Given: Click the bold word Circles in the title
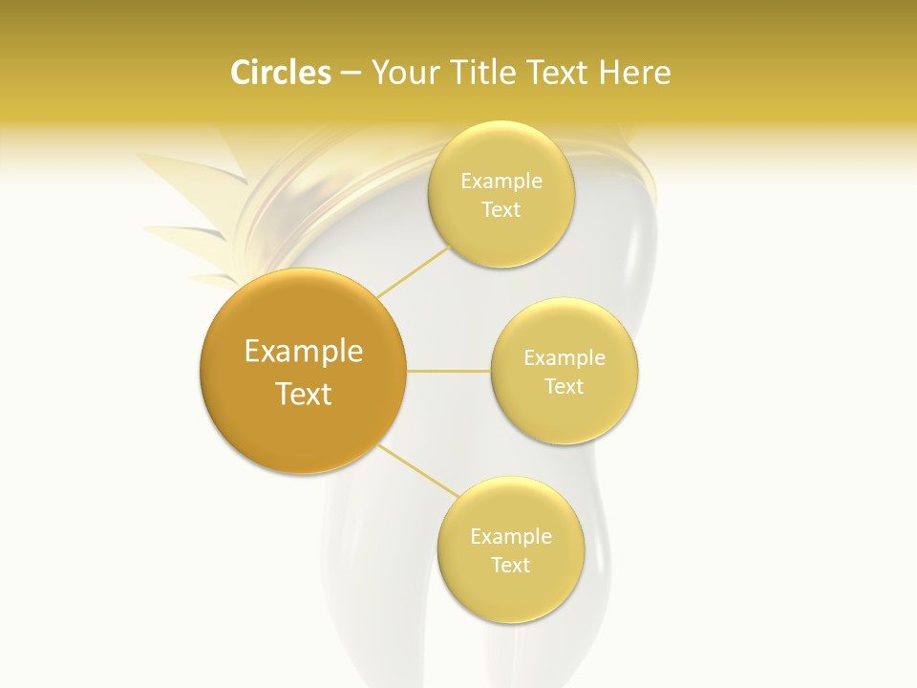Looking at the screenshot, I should click(x=281, y=73).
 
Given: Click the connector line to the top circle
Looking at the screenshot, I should click(x=413, y=270).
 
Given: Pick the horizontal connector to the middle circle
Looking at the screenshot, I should click(x=448, y=371).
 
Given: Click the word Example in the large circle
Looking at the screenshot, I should click(x=304, y=352).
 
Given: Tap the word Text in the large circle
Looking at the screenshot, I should click(x=304, y=394).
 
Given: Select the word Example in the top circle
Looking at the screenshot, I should click(x=501, y=181).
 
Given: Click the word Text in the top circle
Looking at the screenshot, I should click(x=501, y=209).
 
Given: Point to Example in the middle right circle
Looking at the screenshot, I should click(x=565, y=357).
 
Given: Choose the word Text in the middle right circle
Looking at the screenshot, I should click(x=564, y=386).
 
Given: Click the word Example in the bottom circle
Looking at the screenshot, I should click(x=511, y=536).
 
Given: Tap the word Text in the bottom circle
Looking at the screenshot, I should click(x=510, y=565).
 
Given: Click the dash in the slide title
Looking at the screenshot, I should click(x=351, y=74).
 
